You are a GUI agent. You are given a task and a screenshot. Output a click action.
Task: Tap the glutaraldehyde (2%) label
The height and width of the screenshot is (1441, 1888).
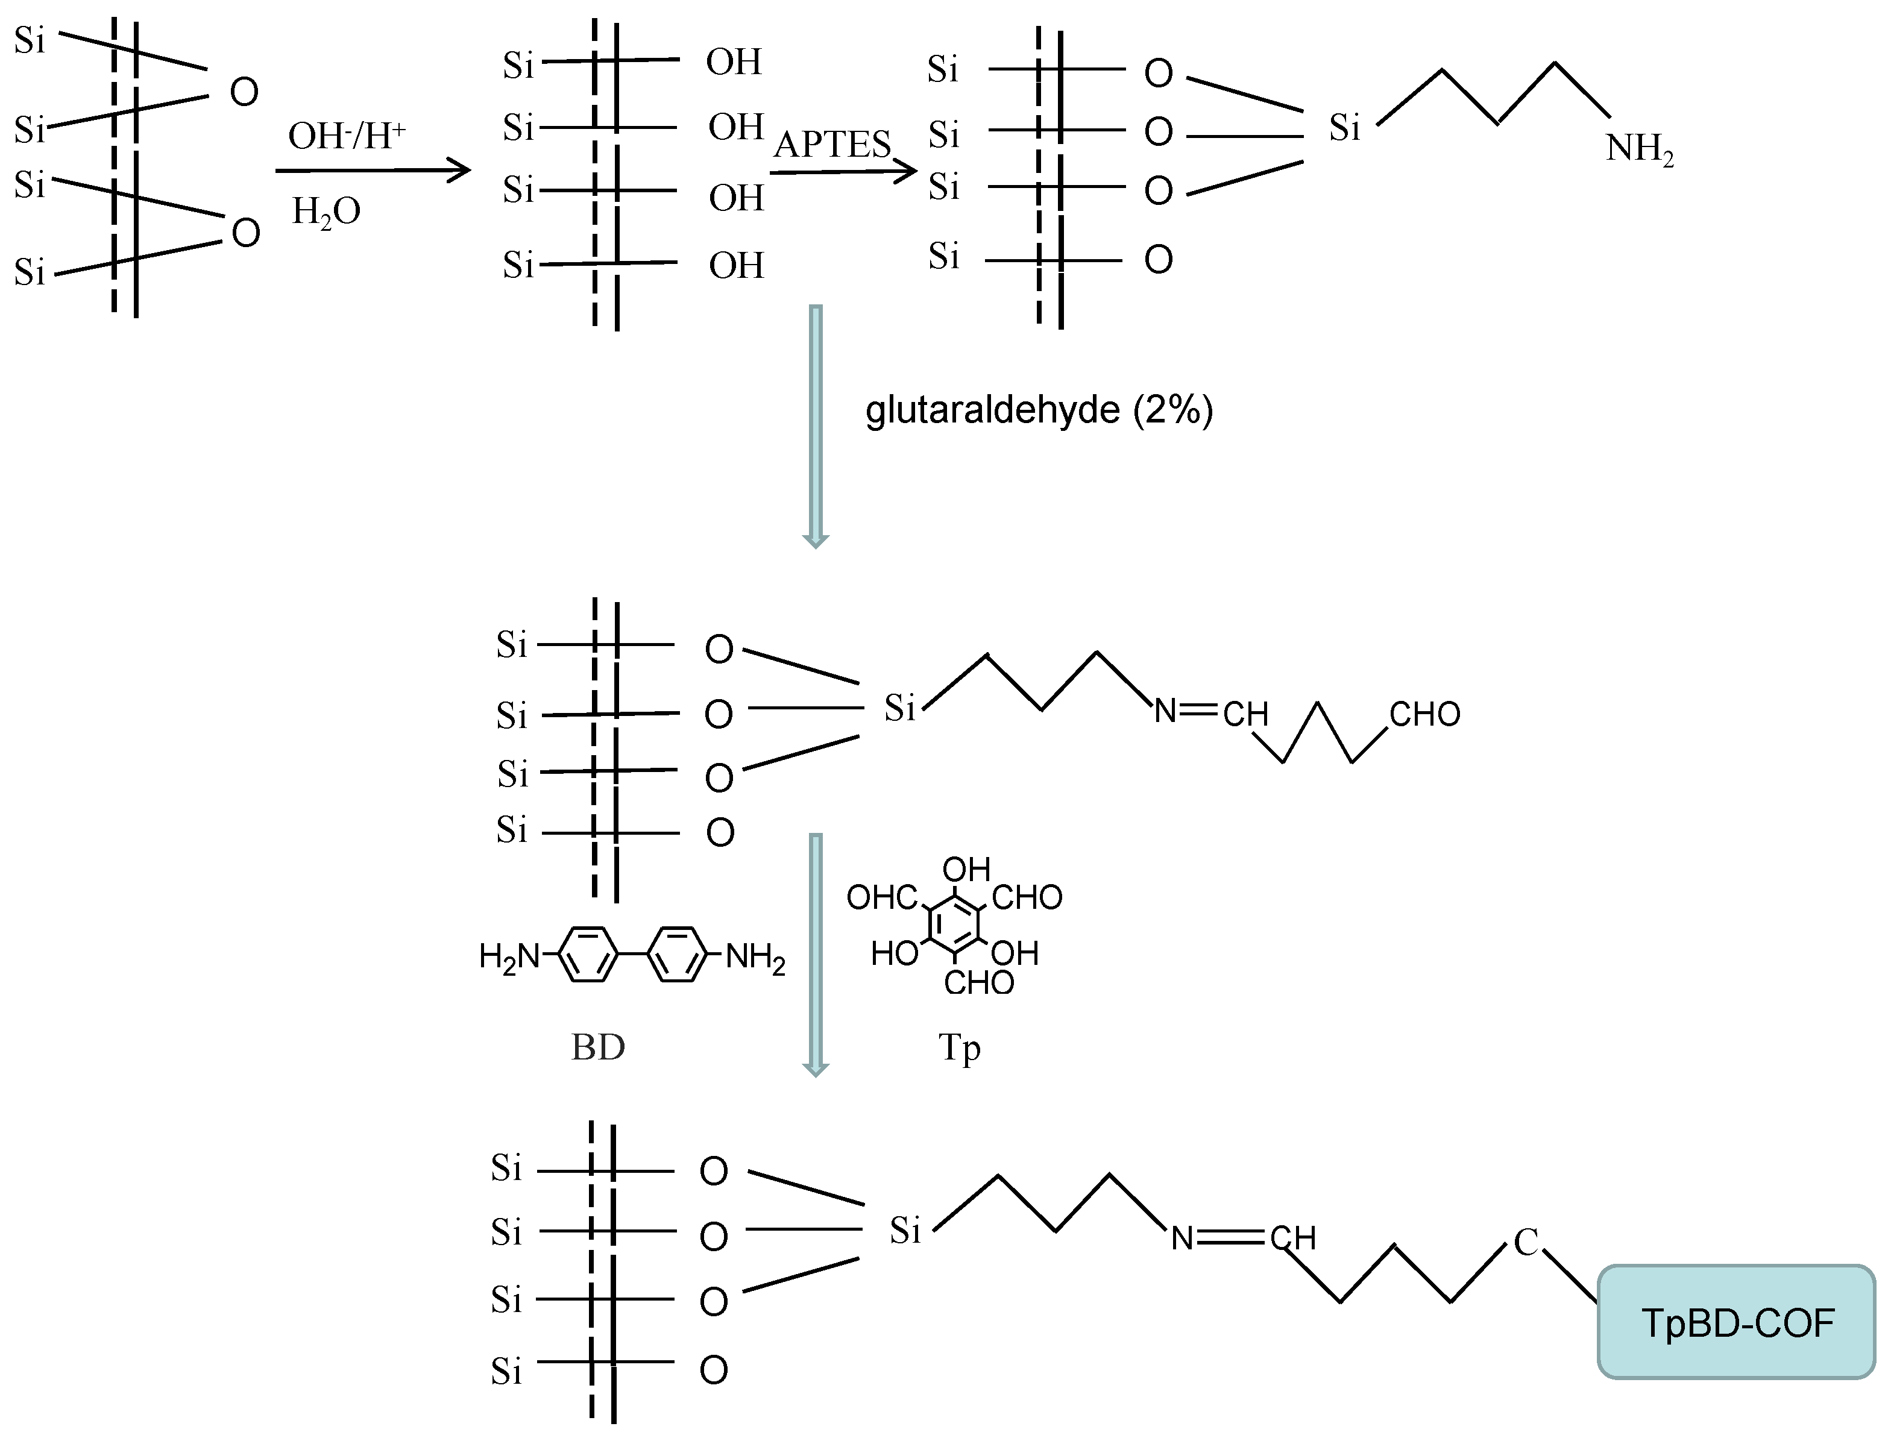1039,410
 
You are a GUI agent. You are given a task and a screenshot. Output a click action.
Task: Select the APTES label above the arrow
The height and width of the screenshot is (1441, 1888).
832,144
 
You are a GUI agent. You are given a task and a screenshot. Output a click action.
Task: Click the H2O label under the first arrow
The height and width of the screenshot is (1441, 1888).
326,211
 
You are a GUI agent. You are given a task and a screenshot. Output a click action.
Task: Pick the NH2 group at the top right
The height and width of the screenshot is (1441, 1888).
1639,149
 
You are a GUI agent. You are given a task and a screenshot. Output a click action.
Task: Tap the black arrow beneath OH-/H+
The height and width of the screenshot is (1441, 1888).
373,170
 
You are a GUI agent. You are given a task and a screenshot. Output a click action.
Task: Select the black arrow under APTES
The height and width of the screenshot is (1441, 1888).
843,172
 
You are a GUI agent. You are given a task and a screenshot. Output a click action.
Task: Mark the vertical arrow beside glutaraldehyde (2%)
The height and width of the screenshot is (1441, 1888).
816,426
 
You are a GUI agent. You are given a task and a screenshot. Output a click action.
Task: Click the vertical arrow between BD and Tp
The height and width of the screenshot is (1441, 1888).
816,954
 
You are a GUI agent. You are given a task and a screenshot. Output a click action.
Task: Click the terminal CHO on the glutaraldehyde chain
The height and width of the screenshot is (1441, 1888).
1424,714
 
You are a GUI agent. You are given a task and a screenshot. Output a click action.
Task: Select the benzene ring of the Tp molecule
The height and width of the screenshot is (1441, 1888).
954,925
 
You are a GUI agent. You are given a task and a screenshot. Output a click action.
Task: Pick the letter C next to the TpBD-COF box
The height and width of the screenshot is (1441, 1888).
1525,1241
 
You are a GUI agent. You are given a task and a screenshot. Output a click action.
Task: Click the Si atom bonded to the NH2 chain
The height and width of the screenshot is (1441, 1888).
1344,128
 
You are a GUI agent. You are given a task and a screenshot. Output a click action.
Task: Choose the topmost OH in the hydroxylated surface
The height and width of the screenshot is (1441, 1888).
734,61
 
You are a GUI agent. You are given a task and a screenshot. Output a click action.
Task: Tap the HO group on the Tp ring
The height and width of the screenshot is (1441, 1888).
894,953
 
